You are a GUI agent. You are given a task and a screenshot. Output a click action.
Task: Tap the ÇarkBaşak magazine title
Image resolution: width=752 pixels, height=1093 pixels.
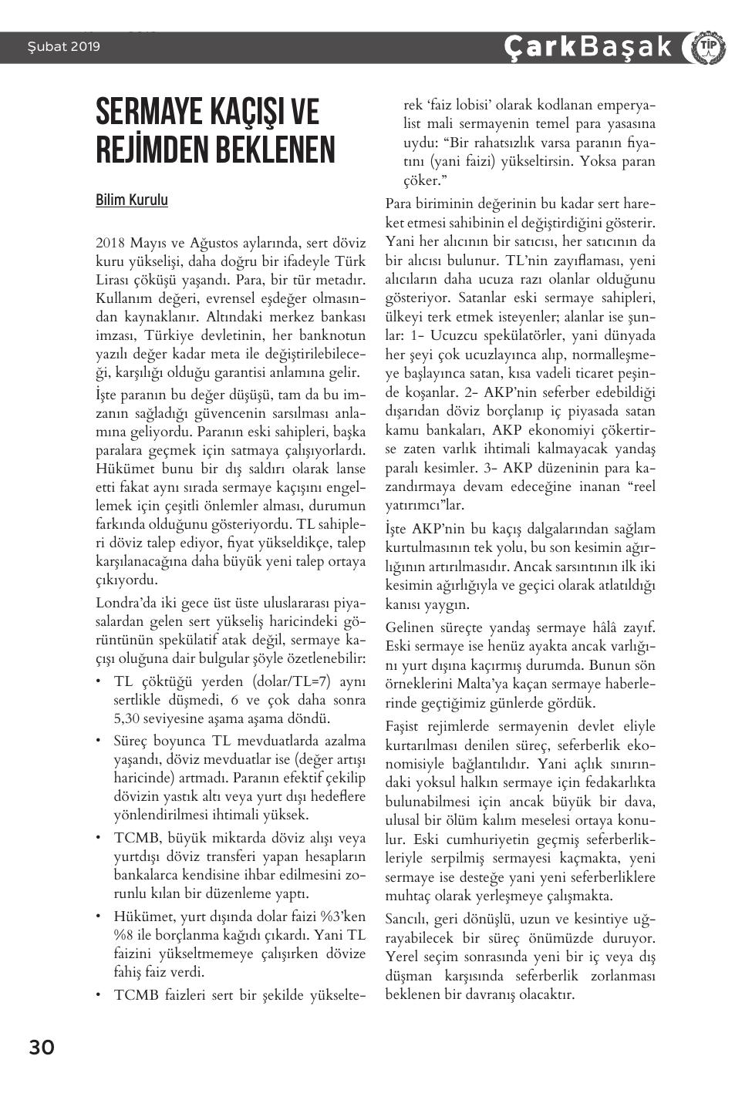coord(588,47)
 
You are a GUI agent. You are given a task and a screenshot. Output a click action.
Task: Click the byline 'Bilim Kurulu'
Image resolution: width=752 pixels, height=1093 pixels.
coord(132,200)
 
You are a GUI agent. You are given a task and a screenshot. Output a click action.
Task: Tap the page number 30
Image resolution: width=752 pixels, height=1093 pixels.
coord(42,1048)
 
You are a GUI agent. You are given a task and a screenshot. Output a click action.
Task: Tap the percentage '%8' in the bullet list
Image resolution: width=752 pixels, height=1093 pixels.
coord(124,935)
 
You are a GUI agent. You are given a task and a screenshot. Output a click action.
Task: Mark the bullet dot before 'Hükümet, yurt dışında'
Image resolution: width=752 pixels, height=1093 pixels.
coord(99,916)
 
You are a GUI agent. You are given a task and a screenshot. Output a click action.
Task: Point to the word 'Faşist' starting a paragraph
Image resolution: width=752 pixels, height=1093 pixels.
coord(403,726)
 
